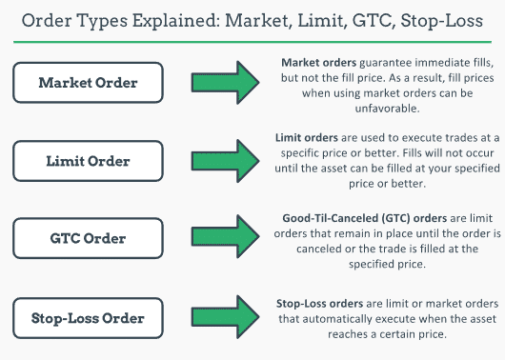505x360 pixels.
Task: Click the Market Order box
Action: [x=88, y=83]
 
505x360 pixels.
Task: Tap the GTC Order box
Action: [x=88, y=237]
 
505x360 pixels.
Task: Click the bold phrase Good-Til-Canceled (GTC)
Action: [x=337, y=215]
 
